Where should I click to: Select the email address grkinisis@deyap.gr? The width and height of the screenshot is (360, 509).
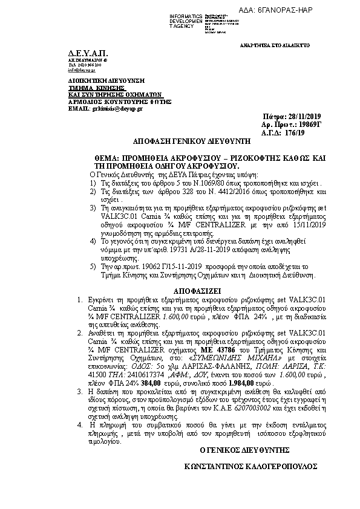[116, 108]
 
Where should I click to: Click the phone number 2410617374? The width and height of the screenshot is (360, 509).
[135, 374]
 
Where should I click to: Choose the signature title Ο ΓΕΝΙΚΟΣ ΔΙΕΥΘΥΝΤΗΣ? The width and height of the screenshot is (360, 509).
[244, 450]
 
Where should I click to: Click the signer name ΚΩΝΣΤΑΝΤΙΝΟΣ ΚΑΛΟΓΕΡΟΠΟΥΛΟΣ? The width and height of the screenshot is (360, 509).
[251, 467]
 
